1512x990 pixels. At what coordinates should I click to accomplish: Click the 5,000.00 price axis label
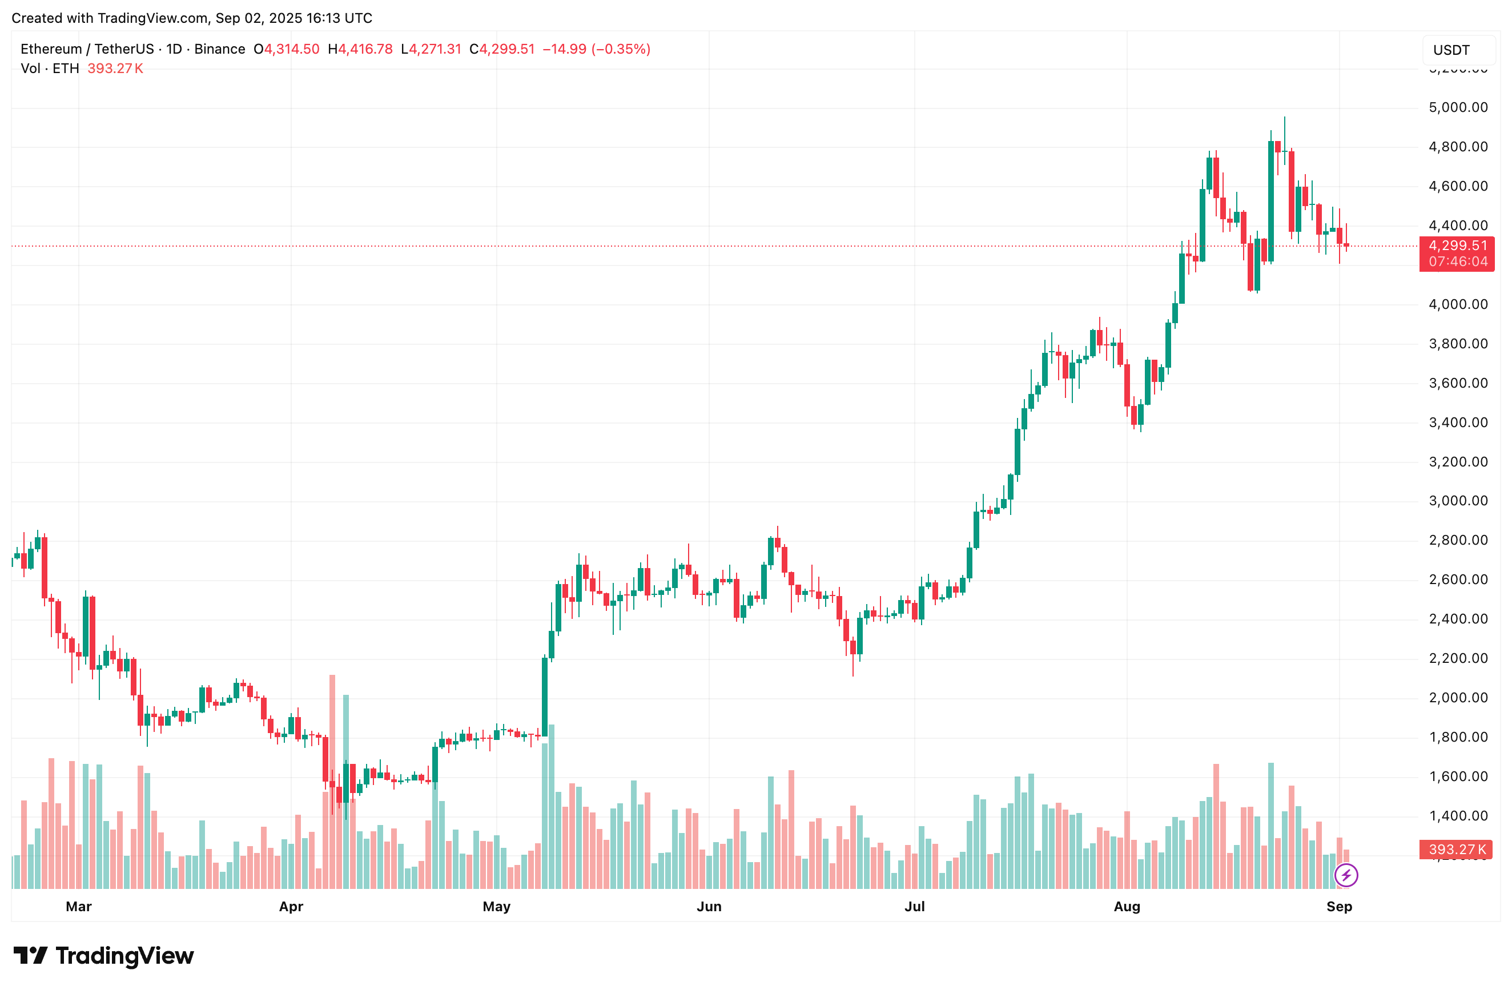[1457, 107]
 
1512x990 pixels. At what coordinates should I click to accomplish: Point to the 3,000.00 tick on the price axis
[1457, 501]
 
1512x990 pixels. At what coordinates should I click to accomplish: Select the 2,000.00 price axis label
[1457, 698]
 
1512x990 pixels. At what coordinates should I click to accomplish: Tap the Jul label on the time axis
[914, 907]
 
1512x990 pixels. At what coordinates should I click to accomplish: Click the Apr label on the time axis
[291, 907]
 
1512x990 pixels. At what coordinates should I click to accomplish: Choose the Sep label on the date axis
[1338, 907]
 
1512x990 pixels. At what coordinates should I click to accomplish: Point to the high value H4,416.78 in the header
[360, 49]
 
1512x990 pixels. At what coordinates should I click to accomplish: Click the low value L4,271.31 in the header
[431, 49]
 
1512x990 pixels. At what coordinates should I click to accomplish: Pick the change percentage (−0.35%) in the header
[621, 49]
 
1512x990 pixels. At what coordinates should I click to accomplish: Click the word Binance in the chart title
[220, 49]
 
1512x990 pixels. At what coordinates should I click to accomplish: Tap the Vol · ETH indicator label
[50, 69]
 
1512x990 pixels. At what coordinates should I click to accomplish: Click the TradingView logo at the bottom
[103, 956]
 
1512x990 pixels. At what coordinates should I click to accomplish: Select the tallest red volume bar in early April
[332, 781]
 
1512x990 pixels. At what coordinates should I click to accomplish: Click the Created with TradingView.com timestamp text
[192, 18]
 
